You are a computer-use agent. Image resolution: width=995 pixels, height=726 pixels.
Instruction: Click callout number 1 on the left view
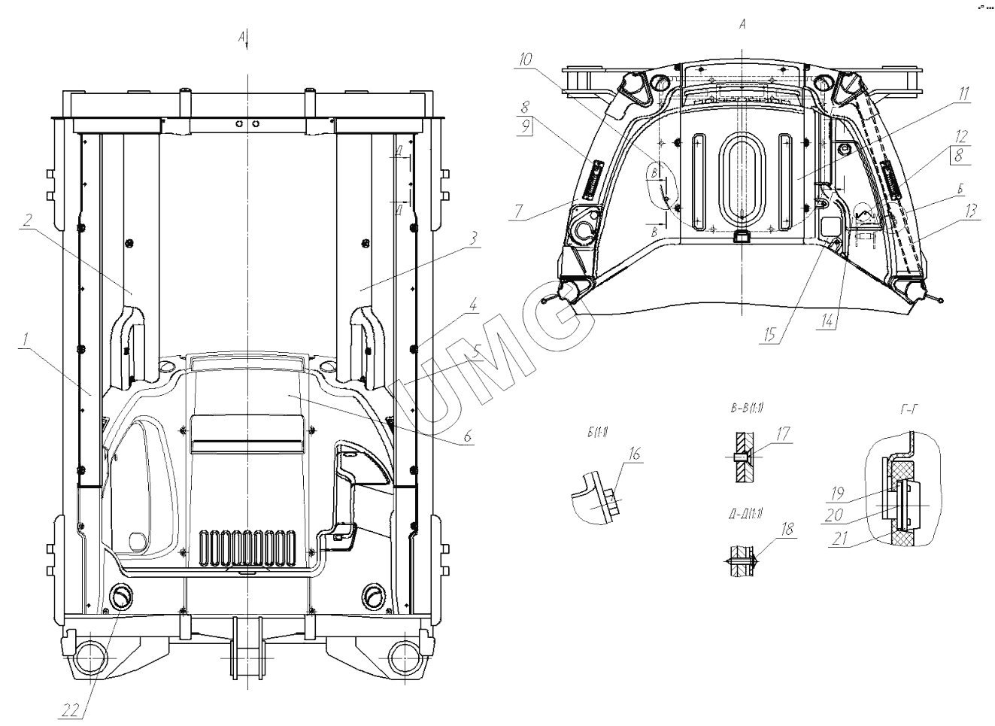(x=25, y=340)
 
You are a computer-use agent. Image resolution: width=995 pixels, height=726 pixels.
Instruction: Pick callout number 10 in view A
(x=524, y=58)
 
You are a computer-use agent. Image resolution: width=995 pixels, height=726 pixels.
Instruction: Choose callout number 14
(x=827, y=319)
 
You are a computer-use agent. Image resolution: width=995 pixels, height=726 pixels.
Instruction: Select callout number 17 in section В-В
(x=782, y=433)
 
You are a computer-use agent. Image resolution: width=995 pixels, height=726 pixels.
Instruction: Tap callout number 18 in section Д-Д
(x=786, y=529)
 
